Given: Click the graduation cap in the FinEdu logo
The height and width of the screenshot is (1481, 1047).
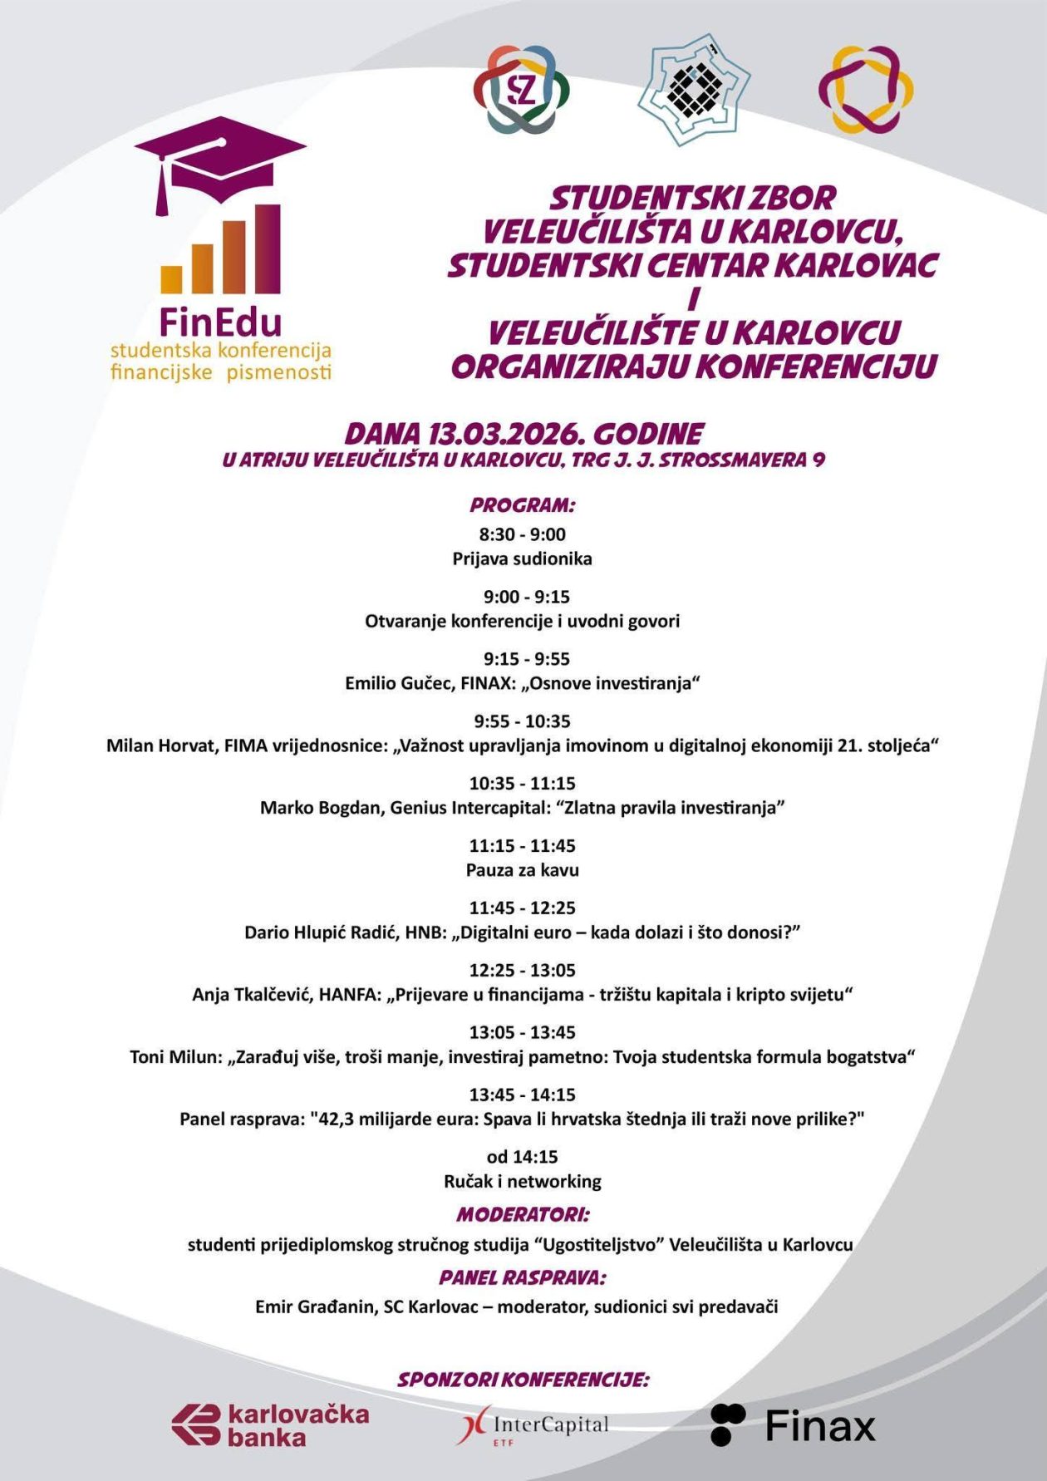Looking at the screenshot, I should point(220,166).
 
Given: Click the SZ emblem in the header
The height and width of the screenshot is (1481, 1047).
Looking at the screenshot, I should point(521,90).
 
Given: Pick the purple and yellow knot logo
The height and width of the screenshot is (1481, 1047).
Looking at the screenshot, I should point(865,90).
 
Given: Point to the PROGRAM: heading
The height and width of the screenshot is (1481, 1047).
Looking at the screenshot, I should point(522,504).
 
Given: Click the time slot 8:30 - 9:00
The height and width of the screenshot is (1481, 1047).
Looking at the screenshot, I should point(522,534).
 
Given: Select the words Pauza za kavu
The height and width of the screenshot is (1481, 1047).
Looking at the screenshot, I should point(522,870).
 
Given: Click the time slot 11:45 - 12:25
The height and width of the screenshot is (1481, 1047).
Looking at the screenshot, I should point(522,908).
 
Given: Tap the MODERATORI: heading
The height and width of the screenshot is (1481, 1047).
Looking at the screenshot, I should point(523,1214).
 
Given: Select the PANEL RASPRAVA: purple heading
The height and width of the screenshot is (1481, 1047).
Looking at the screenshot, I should point(523,1277).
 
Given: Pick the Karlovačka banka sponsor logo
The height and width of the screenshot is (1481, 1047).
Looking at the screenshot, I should point(271,1424).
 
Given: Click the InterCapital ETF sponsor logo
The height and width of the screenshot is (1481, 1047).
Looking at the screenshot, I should point(533,1426).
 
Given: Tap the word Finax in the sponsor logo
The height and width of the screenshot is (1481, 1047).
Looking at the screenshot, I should point(820,1426).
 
